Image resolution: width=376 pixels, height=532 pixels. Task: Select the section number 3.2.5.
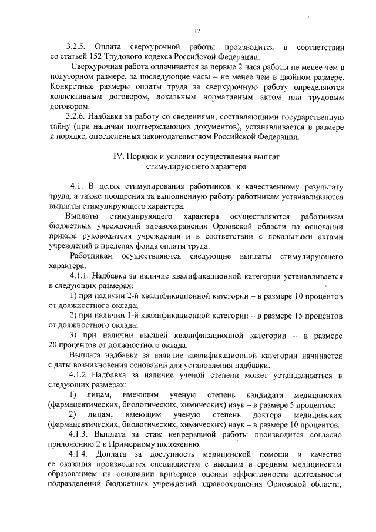pyautogui.click(x=76, y=46)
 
